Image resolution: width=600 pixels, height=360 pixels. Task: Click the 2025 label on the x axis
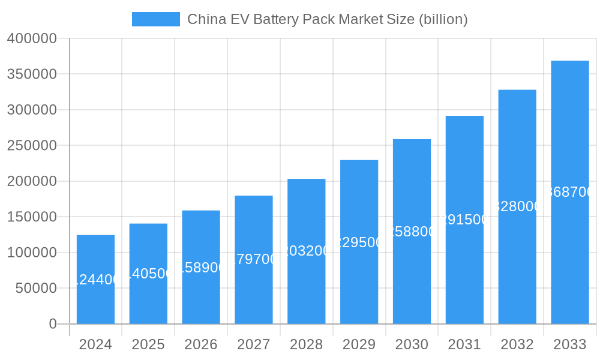[x=148, y=344]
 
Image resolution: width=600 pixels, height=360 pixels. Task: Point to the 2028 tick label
[x=306, y=344]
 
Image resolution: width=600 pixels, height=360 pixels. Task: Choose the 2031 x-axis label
[x=464, y=344]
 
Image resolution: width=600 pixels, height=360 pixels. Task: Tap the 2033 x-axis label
[x=569, y=344]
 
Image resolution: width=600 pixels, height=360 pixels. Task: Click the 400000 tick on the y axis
[x=32, y=39]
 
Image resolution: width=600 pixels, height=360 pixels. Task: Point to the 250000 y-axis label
[x=32, y=146]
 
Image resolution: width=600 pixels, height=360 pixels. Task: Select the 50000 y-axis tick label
[x=35, y=288]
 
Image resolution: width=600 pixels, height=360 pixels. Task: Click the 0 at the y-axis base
[x=53, y=324]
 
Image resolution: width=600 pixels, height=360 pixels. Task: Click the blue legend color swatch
[x=155, y=19]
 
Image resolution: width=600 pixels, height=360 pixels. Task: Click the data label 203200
[x=306, y=251]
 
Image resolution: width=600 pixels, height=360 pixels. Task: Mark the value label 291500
[x=464, y=220]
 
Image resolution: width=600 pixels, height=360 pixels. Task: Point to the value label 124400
[x=95, y=280]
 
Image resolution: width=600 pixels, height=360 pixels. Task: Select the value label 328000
[x=517, y=206]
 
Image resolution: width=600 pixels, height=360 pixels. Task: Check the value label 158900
[x=201, y=268]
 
